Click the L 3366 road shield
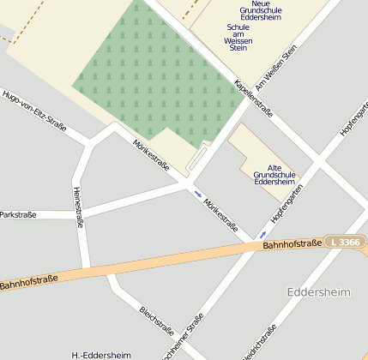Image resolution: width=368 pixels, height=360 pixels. point(344,243)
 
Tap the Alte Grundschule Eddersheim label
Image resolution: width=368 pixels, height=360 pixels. point(274,175)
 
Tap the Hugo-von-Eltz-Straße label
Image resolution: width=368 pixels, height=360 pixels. point(33,110)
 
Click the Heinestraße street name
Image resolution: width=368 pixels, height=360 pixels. point(78,207)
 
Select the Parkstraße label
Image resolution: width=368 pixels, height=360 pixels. point(18,215)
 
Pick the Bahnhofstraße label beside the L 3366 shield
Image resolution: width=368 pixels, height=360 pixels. point(292,245)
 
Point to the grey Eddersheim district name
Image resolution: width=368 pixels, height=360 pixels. point(319,292)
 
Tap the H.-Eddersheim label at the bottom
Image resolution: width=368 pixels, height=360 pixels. point(101,354)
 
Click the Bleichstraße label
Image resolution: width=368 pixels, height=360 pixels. point(157,320)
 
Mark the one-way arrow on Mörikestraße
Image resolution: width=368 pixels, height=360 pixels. point(199,195)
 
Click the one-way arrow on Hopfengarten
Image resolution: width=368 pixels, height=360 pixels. point(262,232)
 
